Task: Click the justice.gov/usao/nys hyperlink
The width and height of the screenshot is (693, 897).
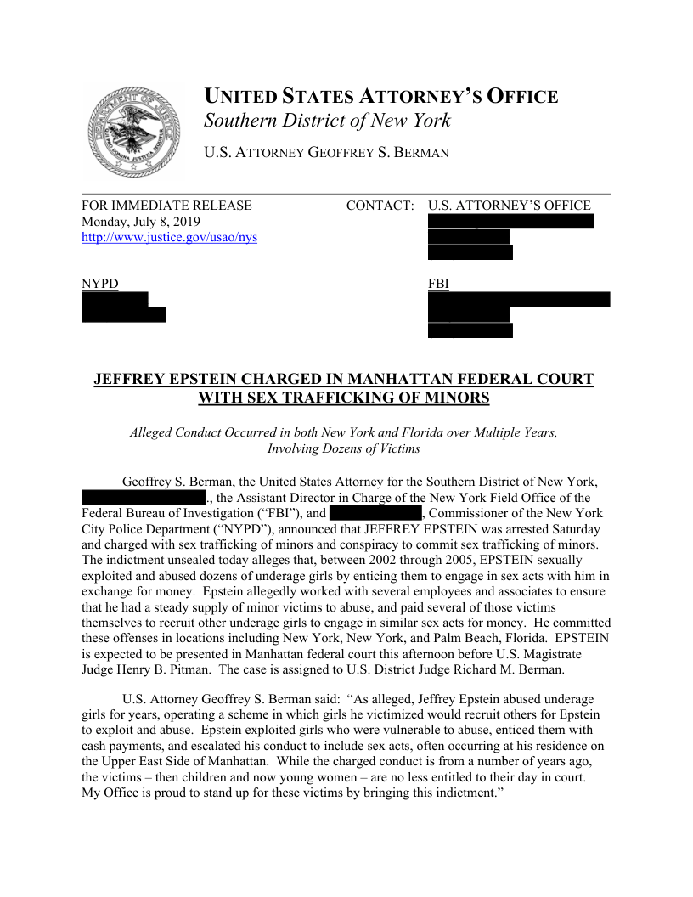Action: pyautogui.click(x=169, y=238)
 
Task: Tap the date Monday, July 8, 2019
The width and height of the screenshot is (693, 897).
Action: pyautogui.click(x=141, y=222)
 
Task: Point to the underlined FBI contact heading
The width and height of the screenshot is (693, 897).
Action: pyautogui.click(x=438, y=284)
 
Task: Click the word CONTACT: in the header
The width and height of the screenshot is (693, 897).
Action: pyautogui.click(x=380, y=206)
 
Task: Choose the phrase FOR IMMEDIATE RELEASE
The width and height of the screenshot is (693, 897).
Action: pyautogui.click(x=166, y=206)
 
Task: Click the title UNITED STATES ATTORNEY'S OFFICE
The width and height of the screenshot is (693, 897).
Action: pyautogui.click(x=380, y=97)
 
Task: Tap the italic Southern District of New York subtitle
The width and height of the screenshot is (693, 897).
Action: pyautogui.click(x=327, y=121)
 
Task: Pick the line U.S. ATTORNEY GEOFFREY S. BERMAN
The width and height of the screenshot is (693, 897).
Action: pyautogui.click(x=326, y=153)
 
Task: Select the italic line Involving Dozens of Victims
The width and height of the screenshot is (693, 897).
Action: pyautogui.click(x=343, y=448)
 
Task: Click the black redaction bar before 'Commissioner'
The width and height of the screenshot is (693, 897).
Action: pyautogui.click(x=375, y=513)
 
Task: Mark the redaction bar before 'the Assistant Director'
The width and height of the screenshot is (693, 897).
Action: pyautogui.click(x=144, y=497)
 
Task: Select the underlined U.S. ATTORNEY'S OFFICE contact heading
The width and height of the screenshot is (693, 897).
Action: pyautogui.click(x=510, y=206)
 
